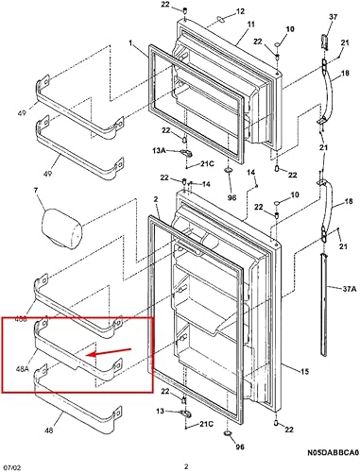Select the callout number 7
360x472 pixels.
pos(36,192)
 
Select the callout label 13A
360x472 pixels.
pos(160,149)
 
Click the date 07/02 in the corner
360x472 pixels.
pos(12,465)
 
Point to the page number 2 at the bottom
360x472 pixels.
pos(185,465)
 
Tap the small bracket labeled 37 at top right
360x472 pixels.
pos(325,43)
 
